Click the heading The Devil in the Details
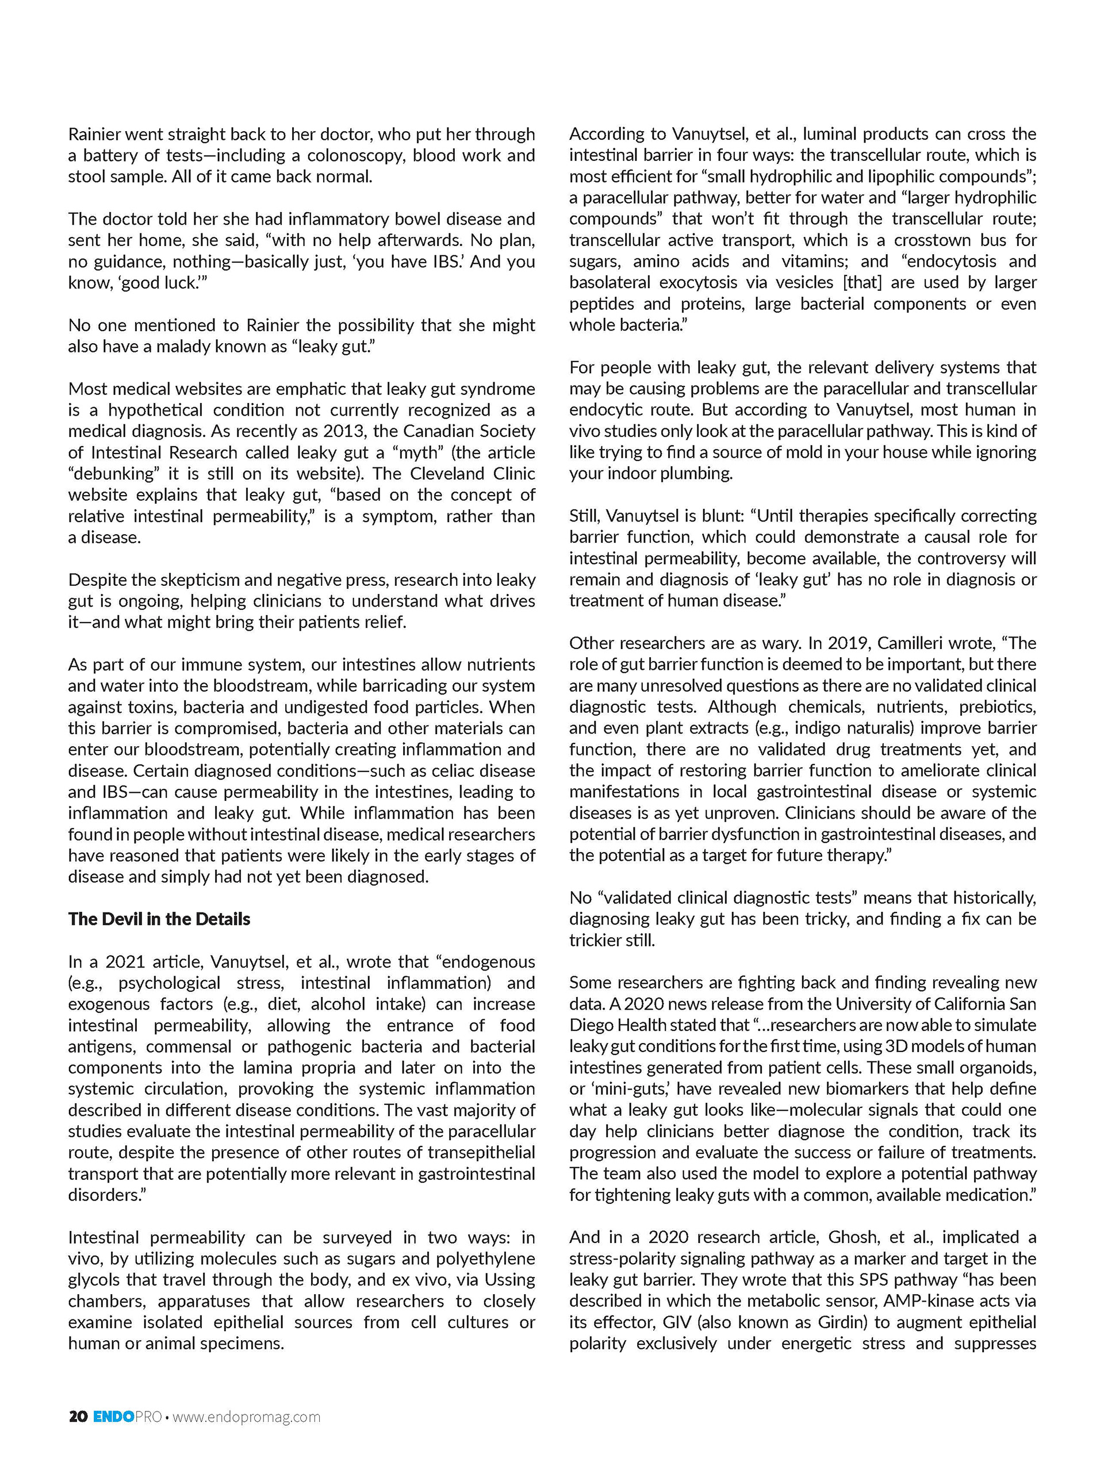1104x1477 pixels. point(159,919)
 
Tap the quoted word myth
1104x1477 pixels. point(417,452)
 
